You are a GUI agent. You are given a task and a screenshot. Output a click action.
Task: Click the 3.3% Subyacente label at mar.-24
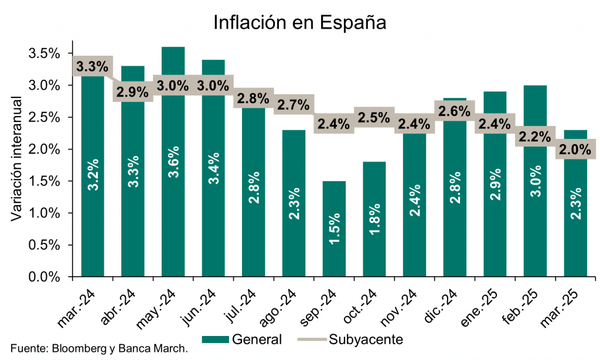pyautogui.click(x=93, y=66)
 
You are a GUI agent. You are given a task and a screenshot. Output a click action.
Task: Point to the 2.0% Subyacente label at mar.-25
pyautogui.click(x=574, y=150)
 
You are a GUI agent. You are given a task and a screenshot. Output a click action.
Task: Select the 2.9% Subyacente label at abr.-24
pyautogui.click(x=133, y=92)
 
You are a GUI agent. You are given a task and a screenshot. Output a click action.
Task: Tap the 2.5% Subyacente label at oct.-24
pyautogui.click(x=374, y=117)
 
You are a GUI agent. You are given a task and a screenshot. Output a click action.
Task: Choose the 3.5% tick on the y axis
pyautogui.click(x=45, y=54)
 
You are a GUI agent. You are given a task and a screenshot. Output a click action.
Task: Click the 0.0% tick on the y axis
pyautogui.click(x=45, y=277)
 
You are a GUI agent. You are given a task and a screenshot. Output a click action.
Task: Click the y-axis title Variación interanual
pyautogui.click(x=17, y=159)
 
